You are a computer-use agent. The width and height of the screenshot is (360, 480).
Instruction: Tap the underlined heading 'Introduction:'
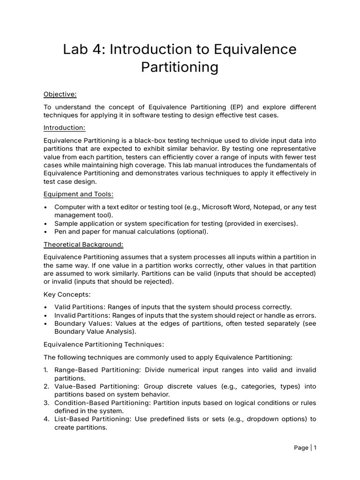(x=64, y=127)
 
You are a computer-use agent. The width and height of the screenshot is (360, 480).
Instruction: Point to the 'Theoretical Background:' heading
(x=83, y=244)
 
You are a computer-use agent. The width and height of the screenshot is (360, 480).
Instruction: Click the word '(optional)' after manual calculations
(x=192, y=232)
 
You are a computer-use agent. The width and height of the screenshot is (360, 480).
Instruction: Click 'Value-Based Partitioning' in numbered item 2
(x=96, y=386)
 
